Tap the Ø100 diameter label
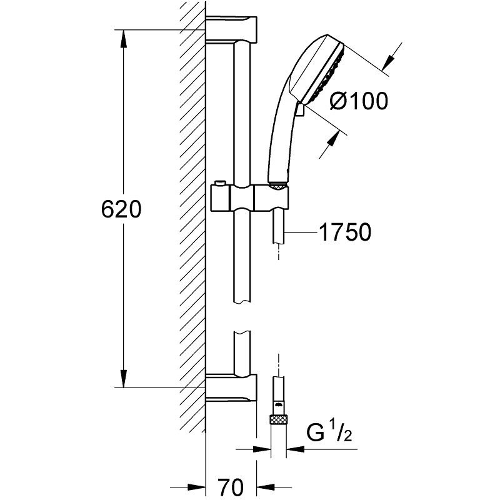358,101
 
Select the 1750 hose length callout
345,232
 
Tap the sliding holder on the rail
250,199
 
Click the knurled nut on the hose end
276,419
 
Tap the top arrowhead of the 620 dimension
124,37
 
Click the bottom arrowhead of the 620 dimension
124,379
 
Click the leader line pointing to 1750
300,232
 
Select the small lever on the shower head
301,111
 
